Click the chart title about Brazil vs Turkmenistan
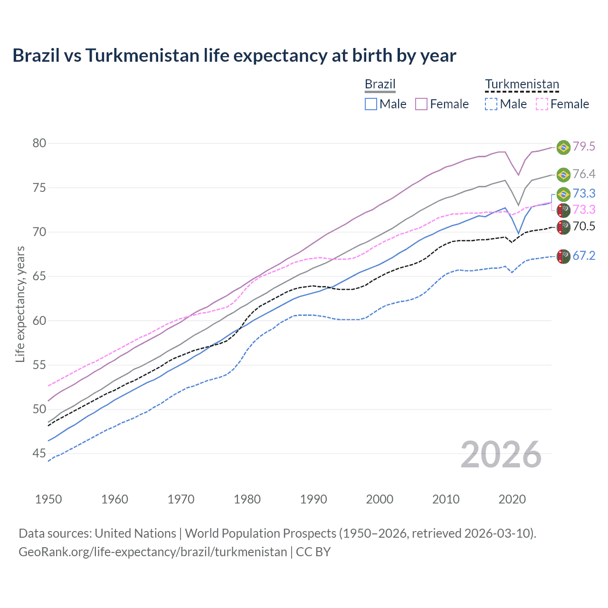pos(234,56)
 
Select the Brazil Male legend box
pos(371,104)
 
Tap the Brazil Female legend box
pos(421,104)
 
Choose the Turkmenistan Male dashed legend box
pos(491,104)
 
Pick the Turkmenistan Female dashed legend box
pos(542,104)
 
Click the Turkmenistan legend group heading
pos(522,85)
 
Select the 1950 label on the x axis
pos(48,499)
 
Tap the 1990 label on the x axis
pos(313,499)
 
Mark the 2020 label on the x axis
pos(512,499)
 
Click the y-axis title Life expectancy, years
pos(20,304)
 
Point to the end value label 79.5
pos(584,147)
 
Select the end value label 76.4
pos(584,174)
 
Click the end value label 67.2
pos(584,256)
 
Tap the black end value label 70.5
pos(584,227)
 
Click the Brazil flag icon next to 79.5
pos(563,147)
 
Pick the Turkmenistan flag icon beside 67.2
pos(563,256)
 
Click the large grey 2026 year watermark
pos(501,455)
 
